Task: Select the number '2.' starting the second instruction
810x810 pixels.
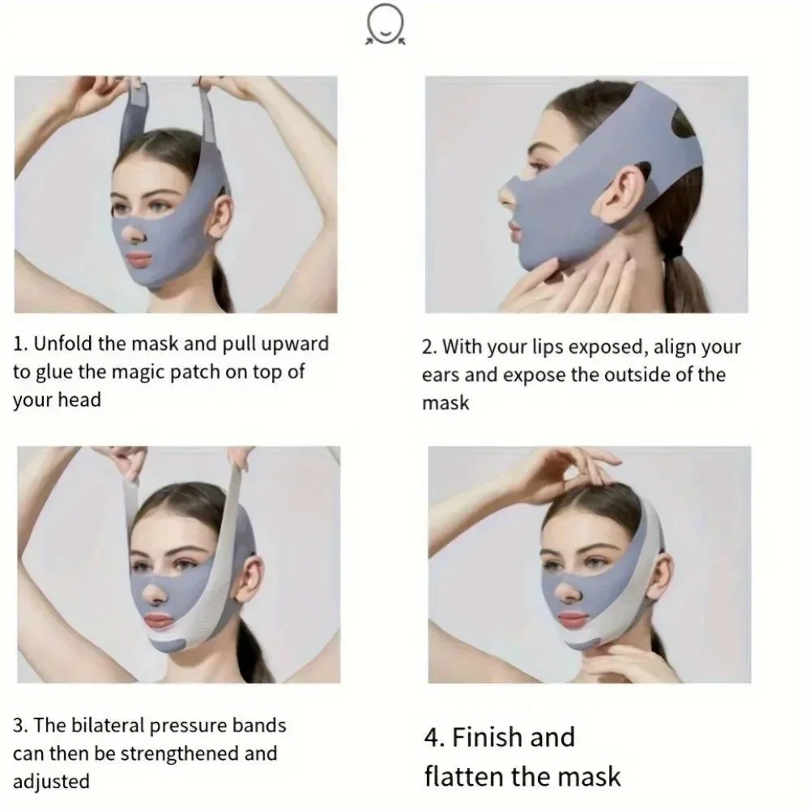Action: pyautogui.click(x=429, y=347)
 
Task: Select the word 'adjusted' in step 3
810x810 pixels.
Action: pyautogui.click(x=51, y=782)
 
